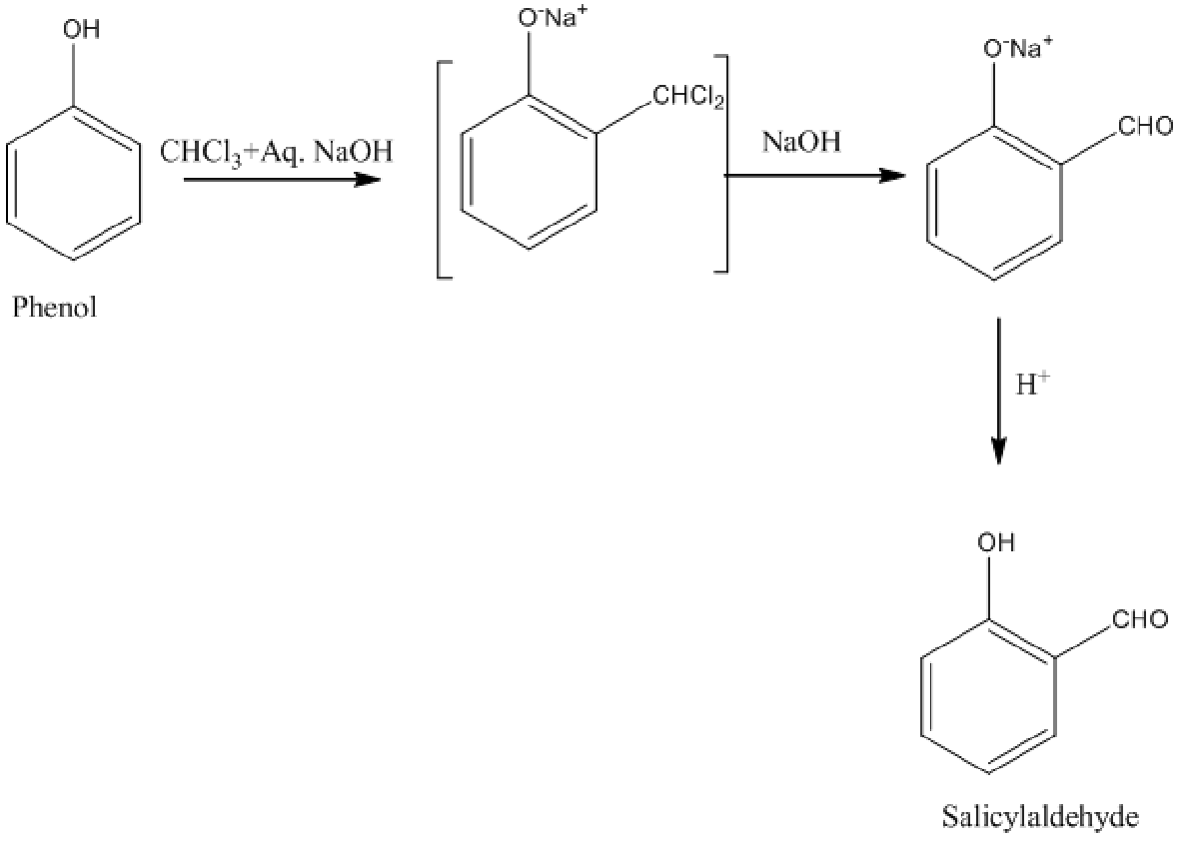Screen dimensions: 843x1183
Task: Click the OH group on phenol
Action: (x=82, y=30)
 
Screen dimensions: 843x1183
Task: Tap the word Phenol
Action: (x=55, y=308)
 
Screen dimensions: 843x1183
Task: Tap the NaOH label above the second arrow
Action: (x=801, y=143)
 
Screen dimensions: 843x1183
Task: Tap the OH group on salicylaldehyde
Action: (x=995, y=542)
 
